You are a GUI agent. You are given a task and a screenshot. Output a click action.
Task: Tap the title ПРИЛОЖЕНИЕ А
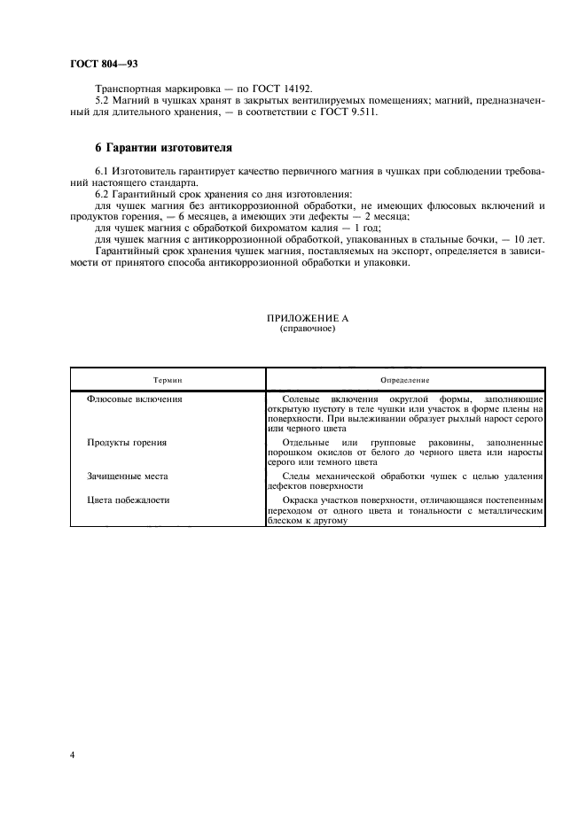tap(301, 318)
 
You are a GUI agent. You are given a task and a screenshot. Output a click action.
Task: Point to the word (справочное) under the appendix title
tap(301, 328)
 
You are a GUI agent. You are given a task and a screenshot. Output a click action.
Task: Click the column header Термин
tap(167, 378)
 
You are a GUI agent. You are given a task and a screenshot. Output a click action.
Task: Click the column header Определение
tap(404, 378)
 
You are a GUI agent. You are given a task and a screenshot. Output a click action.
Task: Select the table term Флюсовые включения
tap(135, 399)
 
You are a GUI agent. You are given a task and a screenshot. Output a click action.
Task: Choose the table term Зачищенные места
tap(128, 476)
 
